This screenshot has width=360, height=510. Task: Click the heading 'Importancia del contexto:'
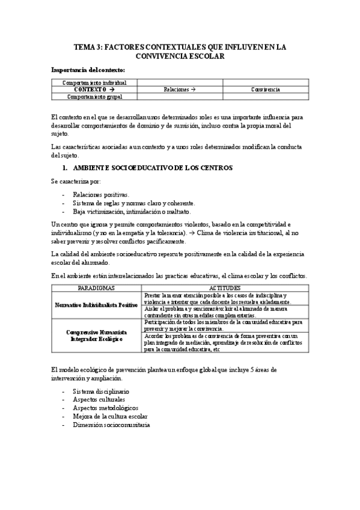[88, 70]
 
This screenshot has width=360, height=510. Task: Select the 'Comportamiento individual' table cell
[95, 82]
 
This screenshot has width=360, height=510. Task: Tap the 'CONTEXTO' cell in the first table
[95, 89]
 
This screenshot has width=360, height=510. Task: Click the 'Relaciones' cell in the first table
[180, 89]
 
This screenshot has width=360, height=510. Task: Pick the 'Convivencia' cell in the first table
[265, 89]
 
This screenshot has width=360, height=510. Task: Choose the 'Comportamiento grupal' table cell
[95, 96]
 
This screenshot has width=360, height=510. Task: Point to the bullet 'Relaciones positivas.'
[101, 195]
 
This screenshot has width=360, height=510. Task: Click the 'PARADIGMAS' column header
[97, 288]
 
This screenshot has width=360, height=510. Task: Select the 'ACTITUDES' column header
[224, 288]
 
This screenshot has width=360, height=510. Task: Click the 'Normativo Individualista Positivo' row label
[97, 305]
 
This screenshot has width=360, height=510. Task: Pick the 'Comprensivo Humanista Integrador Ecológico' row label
[97, 335]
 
